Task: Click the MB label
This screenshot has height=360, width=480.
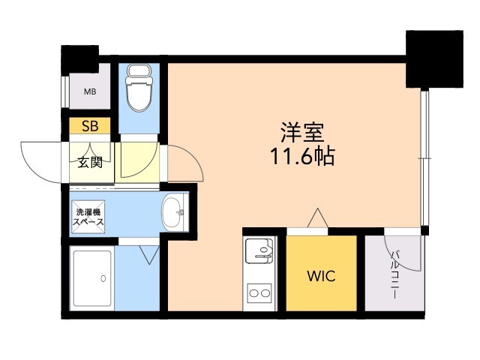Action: (90, 93)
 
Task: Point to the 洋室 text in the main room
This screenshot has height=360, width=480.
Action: (301, 133)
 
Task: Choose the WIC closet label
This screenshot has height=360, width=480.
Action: (320, 275)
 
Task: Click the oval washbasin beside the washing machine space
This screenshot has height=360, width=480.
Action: (173, 213)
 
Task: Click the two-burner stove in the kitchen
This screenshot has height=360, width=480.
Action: (259, 292)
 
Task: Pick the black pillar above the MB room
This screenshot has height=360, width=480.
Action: (79, 57)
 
